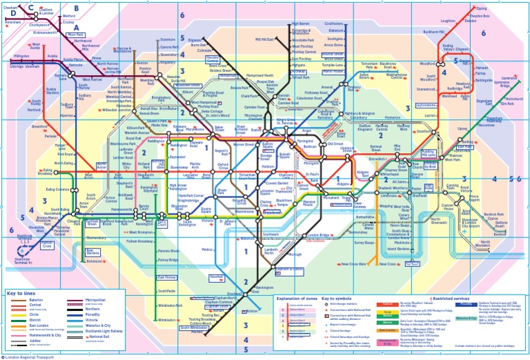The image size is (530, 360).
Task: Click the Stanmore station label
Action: coord(167,39)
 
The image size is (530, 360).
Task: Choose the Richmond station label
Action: coord(95,261)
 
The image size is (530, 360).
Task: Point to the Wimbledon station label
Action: coord(167,320)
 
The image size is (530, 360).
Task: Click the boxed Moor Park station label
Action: coord(75,34)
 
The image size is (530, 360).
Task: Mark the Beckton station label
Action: coord(493,214)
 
